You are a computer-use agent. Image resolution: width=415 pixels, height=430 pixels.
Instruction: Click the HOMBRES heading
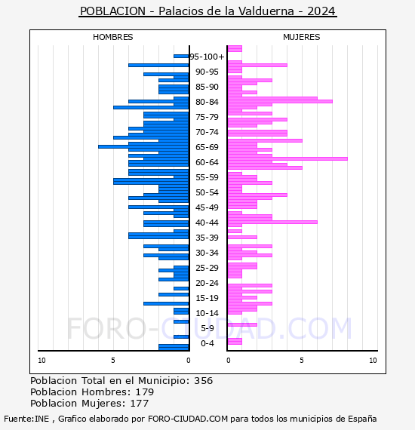[112, 37]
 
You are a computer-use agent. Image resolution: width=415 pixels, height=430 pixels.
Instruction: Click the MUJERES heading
[302, 37]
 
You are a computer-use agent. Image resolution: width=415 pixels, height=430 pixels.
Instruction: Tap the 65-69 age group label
[207, 147]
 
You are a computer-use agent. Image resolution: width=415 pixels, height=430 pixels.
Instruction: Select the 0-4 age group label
[207, 343]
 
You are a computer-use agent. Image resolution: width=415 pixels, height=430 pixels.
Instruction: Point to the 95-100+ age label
[207, 57]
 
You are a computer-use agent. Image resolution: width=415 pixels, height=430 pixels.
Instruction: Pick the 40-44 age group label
[207, 223]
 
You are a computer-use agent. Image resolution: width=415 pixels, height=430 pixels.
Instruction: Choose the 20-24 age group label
[207, 283]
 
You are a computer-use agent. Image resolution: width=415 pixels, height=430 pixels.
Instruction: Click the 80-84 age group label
[207, 102]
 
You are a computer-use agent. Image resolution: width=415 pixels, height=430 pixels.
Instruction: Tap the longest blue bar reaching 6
[143, 146]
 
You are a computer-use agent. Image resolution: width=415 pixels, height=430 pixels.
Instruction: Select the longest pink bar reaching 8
[287, 158]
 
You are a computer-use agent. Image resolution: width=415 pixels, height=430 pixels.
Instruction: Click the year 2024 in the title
[321, 11]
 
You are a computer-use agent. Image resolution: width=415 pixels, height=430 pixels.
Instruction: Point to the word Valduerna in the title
[266, 11]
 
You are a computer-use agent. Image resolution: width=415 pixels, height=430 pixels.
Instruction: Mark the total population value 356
[204, 381]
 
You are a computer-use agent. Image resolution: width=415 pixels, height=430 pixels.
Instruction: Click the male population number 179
[145, 392]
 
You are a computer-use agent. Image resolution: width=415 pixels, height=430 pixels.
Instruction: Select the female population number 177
[140, 403]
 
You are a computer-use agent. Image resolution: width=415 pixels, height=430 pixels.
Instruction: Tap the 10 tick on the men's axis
[41, 361]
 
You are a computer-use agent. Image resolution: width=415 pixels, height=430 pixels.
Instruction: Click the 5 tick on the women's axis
[302, 361]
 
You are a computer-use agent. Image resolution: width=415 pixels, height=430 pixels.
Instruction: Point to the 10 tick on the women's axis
[373, 361]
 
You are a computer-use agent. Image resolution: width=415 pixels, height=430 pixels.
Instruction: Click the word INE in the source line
[42, 419]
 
